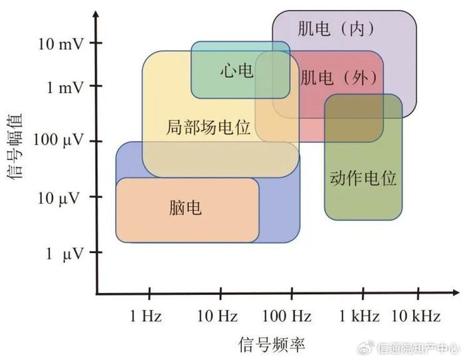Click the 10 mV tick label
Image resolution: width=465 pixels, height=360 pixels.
[x=61, y=45]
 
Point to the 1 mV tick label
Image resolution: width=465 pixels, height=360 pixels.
[x=65, y=88]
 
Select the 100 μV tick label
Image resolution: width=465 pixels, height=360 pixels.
[x=58, y=140]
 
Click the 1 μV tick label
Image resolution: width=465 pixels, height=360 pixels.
[x=64, y=254]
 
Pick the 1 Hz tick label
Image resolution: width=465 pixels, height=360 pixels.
[x=146, y=315]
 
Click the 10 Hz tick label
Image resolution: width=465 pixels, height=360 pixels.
[x=217, y=315]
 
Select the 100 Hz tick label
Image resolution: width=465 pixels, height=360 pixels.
[x=287, y=315]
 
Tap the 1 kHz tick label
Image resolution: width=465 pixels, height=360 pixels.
[x=359, y=315]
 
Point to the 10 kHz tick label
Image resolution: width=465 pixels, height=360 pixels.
[x=416, y=315]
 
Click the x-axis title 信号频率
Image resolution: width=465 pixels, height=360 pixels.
[x=272, y=345]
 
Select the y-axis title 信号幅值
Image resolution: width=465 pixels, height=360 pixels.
[x=15, y=146]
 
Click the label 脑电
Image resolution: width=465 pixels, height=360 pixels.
[x=185, y=208]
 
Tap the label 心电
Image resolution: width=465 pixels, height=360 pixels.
[x=237, y=71]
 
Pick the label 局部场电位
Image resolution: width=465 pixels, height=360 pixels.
[x=208, y=128]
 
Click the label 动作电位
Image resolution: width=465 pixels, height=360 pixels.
[x=363, y=178]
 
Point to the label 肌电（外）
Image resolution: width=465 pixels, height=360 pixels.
[x=339, y=78]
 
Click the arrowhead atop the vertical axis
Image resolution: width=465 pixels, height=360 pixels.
[x=96, y=14]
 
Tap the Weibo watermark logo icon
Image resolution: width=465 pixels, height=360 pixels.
[x=366, y=347]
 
